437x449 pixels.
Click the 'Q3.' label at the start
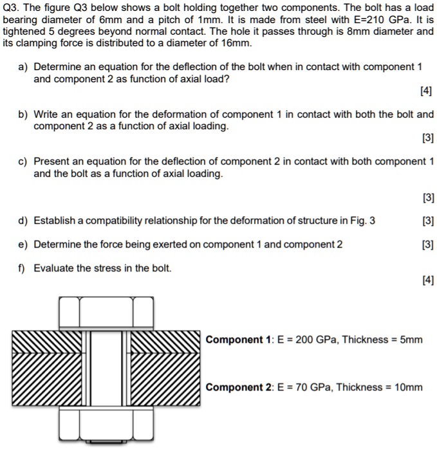point(12,8)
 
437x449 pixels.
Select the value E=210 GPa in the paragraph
point(361,20)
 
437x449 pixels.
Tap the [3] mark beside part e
point(427,244)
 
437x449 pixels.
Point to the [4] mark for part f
point(427,280)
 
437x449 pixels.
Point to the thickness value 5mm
point(410,340)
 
